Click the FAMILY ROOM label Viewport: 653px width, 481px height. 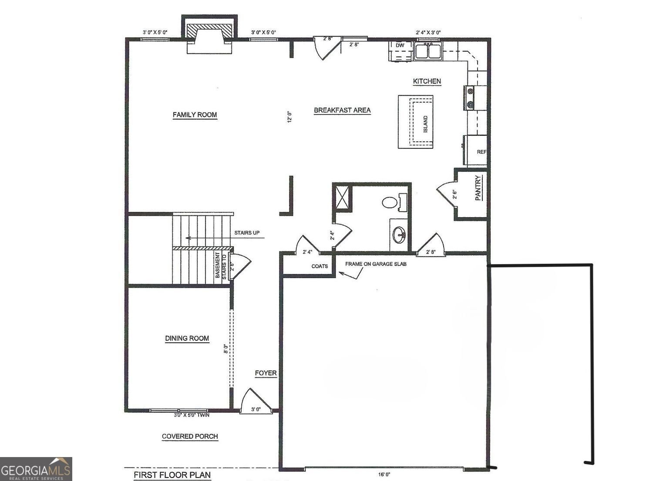coord(195,115)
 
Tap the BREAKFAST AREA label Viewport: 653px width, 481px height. coord(342,110)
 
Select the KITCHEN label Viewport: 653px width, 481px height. coord(427,81)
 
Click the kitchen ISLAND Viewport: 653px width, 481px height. coord(416,122)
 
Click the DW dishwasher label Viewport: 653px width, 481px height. coord(400,45)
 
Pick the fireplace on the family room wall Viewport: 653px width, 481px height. coord(209,35)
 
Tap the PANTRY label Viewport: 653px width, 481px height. coord(478,188)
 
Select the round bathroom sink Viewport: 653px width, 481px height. coord(399,235)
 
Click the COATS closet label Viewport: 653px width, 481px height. coord(320,266)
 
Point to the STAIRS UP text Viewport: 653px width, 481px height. coord(247,233)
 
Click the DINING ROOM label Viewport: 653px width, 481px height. coord(187,338)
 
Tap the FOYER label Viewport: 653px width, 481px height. coord(266,373)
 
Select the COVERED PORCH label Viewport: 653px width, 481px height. coord(190,436)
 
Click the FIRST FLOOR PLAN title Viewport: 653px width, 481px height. coord(172,475)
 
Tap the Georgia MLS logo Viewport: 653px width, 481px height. coord(36,469)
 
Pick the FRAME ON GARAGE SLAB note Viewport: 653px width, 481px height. coord(376,264)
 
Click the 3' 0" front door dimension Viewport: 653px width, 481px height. coord(256,409)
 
